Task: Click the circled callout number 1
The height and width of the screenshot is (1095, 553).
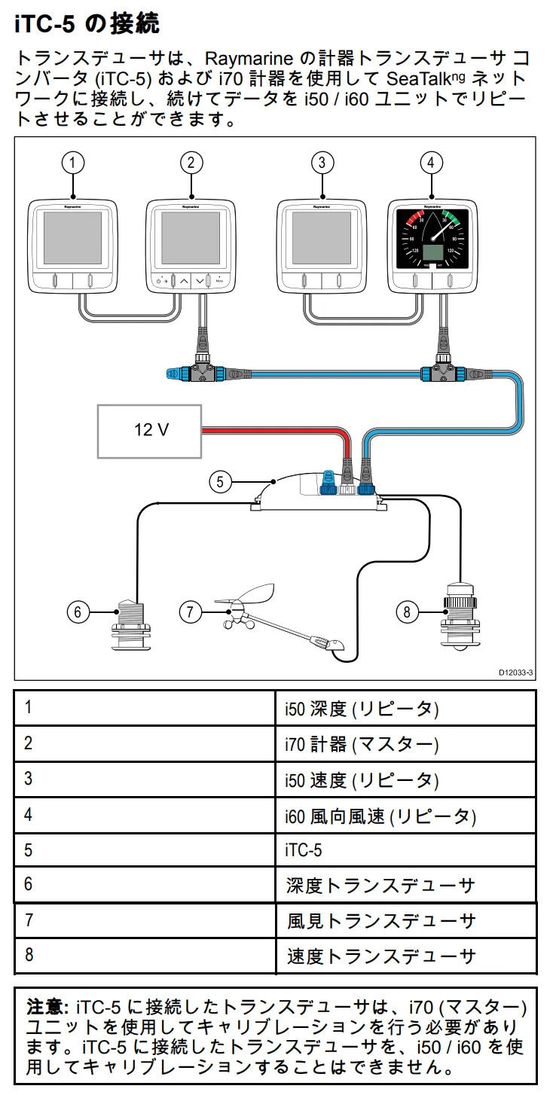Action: click(x=72, y=163)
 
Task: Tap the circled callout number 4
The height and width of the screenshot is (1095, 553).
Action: click(x=430, y=163)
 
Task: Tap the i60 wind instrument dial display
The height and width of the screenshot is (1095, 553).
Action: click(x=431, y=239)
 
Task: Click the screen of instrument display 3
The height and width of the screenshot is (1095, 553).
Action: click(x=322, y=239)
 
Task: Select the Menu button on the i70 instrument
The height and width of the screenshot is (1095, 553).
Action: click(x=218, y=280)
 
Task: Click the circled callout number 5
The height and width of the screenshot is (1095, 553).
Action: click(x=220, y=481)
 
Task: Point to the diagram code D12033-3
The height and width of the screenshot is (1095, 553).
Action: click(x=515, y=673)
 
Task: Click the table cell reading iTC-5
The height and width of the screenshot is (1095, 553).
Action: click(x=304, y=850)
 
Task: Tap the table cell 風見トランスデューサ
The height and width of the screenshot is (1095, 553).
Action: click(x=381, y=920)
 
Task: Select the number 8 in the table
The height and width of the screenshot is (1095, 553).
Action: click(x=29, y=955)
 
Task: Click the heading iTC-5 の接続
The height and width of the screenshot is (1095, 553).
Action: click(x=87, y=24)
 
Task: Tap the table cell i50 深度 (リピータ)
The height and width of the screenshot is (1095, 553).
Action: click(x=362, y=709)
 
